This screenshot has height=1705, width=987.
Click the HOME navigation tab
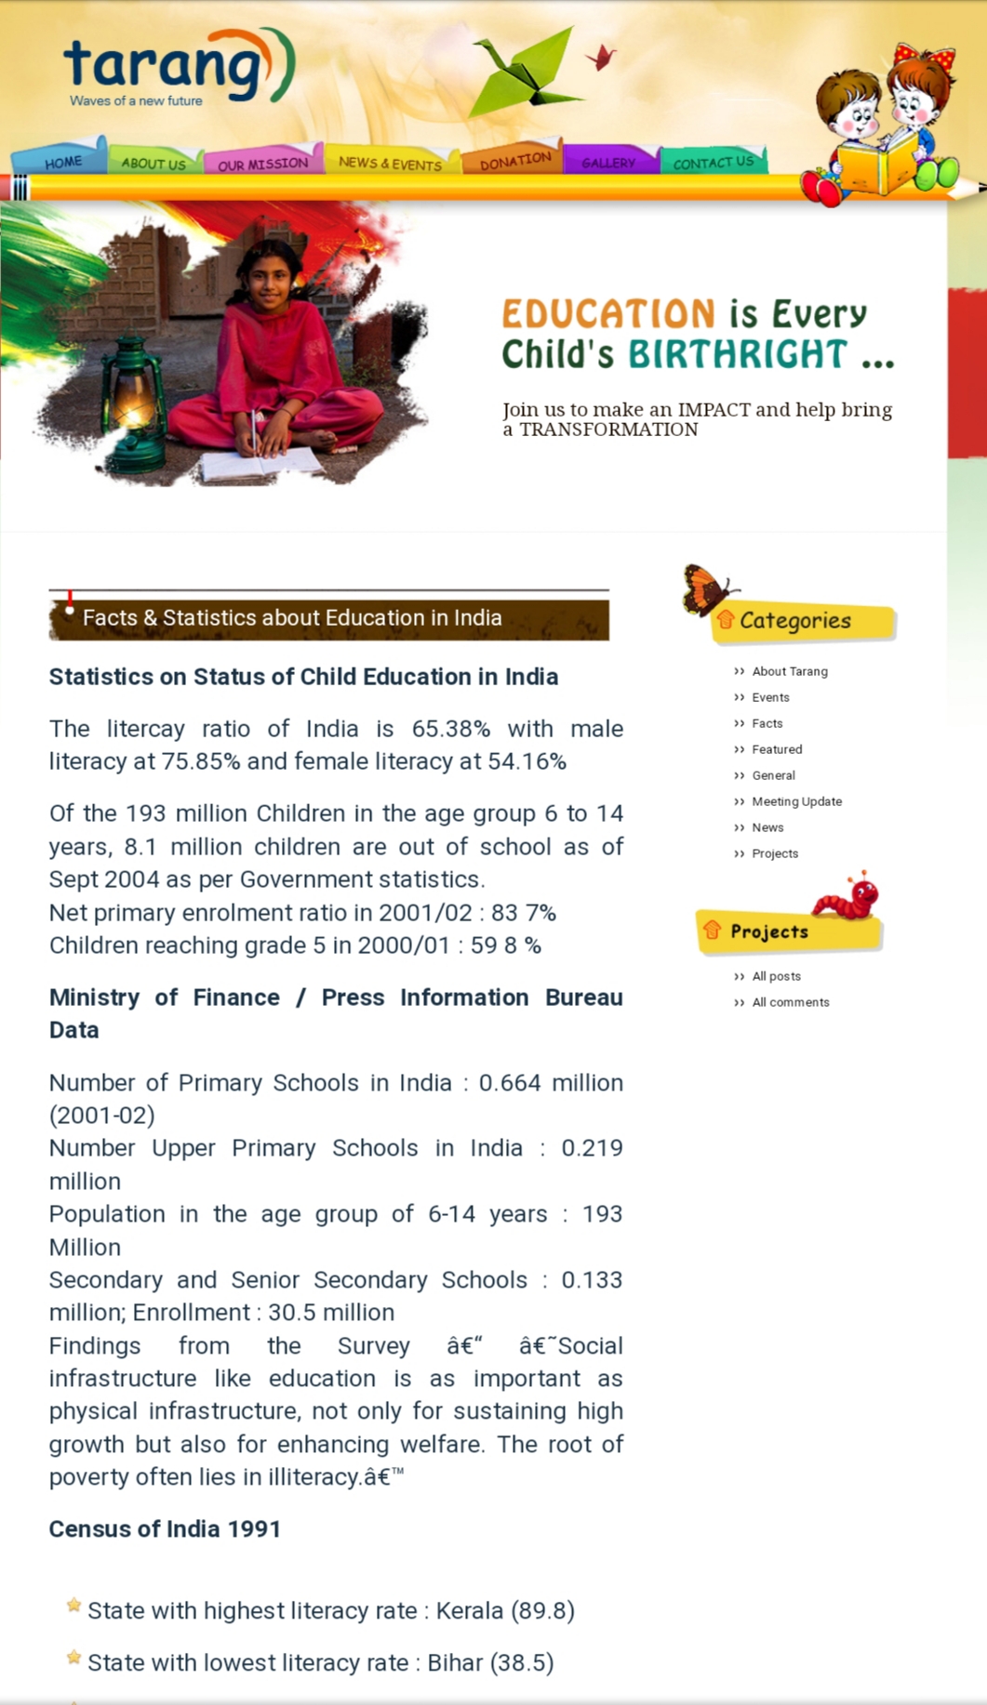tap(62, 162)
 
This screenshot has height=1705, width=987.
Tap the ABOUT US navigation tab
tap(153, 164)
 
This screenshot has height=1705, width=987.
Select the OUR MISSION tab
tap(262, 164)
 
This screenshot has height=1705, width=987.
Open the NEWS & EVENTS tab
tap(390, 163)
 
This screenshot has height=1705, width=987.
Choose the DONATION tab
tap(514, 161)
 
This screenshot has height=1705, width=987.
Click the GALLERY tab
tap(608, 163)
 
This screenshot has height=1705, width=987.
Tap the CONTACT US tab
tap(714, 162)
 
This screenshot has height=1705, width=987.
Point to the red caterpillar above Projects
tap(847, 896)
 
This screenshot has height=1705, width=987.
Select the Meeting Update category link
tap(796, 801)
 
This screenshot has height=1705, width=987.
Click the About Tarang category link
tap(789, 671)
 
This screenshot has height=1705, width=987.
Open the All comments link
tap(790, 1002)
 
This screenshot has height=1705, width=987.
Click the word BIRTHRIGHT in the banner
tap(738, 355)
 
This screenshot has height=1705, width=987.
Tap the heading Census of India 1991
tap(165, 1529)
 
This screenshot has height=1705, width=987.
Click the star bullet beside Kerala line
tap(73, 1606)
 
